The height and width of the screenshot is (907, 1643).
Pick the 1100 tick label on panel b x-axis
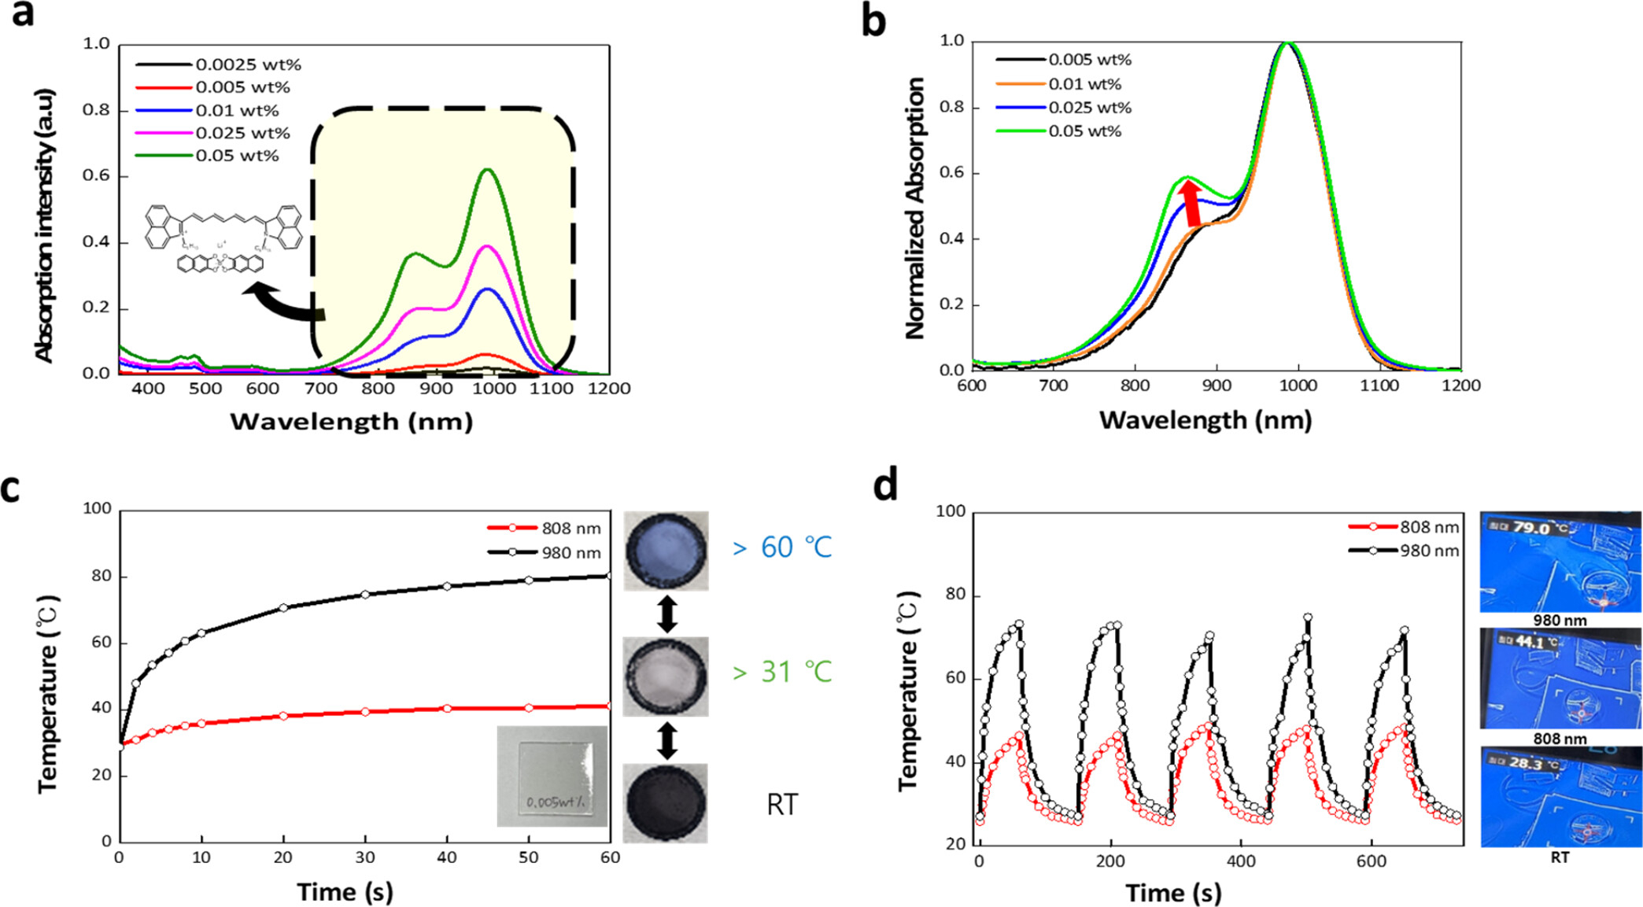[x=1379, y=385]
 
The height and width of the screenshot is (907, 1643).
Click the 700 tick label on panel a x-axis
[x=320, y=389]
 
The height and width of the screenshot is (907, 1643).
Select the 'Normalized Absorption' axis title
[x=915, y=208]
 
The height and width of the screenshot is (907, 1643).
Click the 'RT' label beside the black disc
[x=782, y=805]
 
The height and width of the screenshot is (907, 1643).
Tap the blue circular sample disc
[x=666, y=551]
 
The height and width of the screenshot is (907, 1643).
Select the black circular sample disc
[x=666, y=803]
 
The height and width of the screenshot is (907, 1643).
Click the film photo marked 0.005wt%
[x=552, y=776]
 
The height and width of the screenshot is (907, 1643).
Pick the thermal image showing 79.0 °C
[x=1560, y=562]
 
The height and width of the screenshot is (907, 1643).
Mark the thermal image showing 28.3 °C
[x=1560, y=796]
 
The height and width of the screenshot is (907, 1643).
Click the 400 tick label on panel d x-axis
[x=1240, y=861]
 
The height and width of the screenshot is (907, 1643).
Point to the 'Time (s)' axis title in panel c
[x=345, y=892]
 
